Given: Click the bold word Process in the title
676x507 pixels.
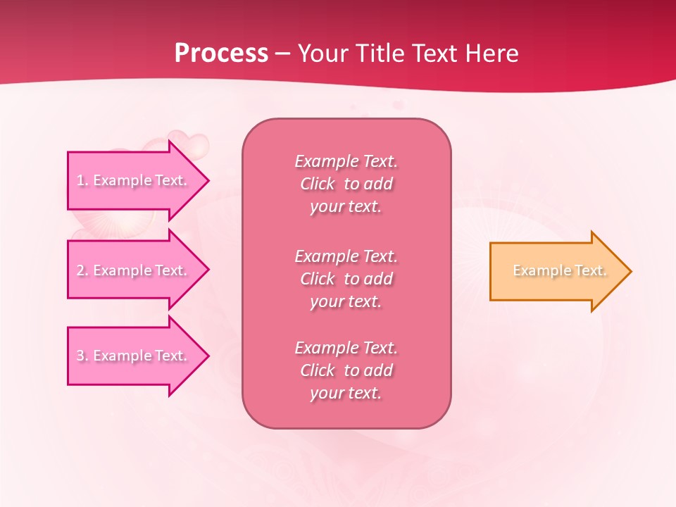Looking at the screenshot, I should click(x=221, y=54).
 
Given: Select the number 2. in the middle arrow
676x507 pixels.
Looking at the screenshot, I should click(x=82, y=270).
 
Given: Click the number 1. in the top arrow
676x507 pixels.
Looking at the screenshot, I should click(x=82, y=180).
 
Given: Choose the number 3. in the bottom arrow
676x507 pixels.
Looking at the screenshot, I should click(x=82, y=356).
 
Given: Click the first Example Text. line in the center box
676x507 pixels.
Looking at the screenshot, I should click(x=346, y=161).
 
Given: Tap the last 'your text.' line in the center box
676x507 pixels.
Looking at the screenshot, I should click(x=346, y=393).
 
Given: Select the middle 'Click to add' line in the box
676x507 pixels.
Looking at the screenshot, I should click(x=346, y=279).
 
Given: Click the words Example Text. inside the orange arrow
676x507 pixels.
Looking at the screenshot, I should click(x=560, y=270).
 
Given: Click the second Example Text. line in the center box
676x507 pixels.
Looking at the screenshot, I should click(x=346, y=256).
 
